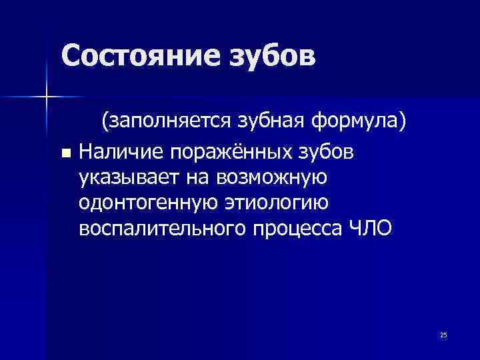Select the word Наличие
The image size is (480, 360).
tap(121, 153)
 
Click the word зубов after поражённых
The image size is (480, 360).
tap(325, 153)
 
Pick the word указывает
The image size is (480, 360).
tap(124, 178)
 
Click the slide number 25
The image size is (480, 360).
tap(443, 335)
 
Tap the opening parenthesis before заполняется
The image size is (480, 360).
tap(105, 122)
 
